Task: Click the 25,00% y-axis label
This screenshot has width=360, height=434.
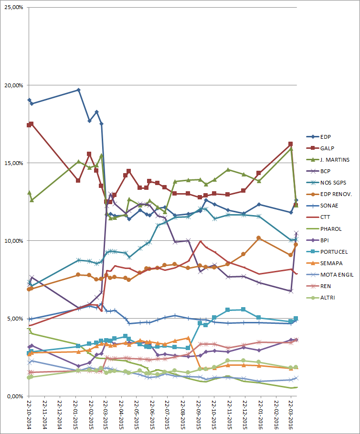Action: pos(13,8)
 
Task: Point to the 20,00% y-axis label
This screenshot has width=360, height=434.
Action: pos(13,85)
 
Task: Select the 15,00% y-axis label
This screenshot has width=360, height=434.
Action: pos(13,163)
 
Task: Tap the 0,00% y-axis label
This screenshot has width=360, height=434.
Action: pos(14,396)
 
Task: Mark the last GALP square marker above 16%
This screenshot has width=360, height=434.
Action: pos(290,144)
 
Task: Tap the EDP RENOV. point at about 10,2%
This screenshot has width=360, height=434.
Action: pos(258,238)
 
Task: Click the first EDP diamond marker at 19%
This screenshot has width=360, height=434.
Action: pos(29,100)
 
